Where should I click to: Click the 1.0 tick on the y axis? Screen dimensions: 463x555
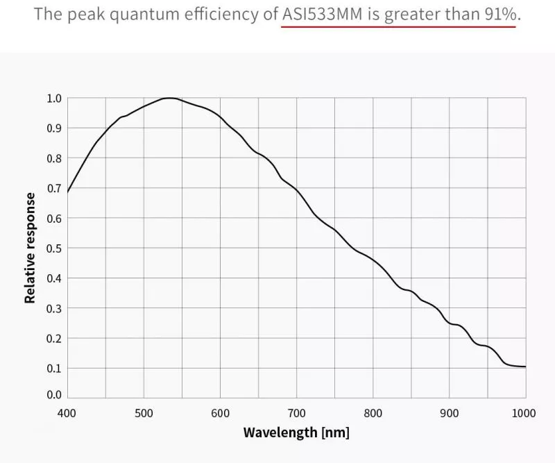(53, 99)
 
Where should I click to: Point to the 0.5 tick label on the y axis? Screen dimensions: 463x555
(53, 249)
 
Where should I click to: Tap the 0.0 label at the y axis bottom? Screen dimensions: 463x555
(53, 395)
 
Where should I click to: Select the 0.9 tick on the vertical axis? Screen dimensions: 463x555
(53, 128)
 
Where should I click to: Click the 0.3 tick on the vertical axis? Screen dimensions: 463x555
(53, 308)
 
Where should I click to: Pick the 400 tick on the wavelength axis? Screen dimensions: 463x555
(67, 414)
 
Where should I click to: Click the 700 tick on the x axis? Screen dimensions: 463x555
(296, 414)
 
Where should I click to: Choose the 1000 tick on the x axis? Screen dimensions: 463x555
(524, 414)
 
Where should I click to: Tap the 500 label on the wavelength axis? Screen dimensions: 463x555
(144, 414)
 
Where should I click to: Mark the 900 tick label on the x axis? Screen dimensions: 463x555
(449, 414)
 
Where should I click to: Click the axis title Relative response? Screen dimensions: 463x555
(30, 248)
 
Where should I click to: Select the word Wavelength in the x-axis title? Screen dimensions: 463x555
(280, 433)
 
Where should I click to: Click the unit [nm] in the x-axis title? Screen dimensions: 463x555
(335, 433)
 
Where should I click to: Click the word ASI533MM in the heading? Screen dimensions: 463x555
(323, 14)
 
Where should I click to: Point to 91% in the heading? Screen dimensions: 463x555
(499, 14)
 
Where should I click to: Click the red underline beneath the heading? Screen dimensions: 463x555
(399, 26)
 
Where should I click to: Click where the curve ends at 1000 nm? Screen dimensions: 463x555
(525, 367)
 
